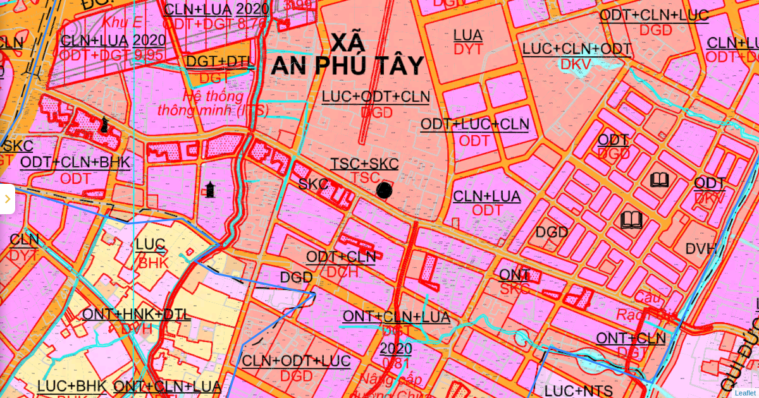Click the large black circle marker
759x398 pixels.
pos(384,190)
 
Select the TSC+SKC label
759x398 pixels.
pos(364,164)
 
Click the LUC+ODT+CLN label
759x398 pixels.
pos(376,97)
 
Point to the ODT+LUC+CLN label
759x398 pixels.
pos(474,124)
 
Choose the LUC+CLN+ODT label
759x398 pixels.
pos(576,49)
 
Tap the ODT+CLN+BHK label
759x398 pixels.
pos(75,163)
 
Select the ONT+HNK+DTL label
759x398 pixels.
pos(136,315)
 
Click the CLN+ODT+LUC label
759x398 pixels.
pos(296,361)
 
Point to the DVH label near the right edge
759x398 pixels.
pos(701,249)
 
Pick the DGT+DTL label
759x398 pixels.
pos(220,62)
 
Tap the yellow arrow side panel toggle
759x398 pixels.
pos(7,199)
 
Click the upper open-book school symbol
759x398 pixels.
pos(659,181)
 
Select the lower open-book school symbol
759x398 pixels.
pos(631,220)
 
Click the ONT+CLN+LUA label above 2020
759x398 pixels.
pos(396,317)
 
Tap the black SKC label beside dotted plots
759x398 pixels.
pos(313,184)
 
